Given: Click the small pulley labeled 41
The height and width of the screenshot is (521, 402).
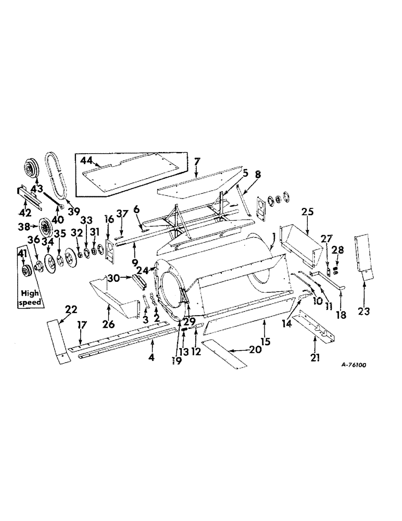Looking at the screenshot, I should coord(23,271).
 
